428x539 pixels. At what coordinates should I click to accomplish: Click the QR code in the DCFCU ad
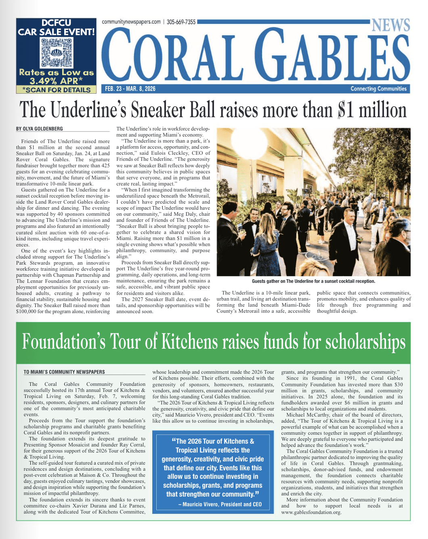coord(57,53)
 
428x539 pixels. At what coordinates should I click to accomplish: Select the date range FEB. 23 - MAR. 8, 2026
coord(130,88)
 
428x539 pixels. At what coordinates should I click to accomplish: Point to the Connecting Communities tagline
coord(378,88)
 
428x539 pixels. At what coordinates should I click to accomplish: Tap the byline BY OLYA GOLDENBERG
coord(40,129)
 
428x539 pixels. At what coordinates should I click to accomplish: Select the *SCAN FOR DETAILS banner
coord(56,90)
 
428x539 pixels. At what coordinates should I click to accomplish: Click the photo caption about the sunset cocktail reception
coord(313,281)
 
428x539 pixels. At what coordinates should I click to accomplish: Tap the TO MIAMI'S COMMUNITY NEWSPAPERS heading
coord(64,372)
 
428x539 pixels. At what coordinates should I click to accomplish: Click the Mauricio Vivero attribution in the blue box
coord(220,504)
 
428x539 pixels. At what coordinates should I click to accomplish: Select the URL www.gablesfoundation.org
coord(311,512)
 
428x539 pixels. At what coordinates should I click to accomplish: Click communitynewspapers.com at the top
coord(131,22)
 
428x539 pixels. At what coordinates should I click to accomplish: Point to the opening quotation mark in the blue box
coord(174,440)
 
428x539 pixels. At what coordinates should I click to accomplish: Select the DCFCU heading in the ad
coord(56,23)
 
